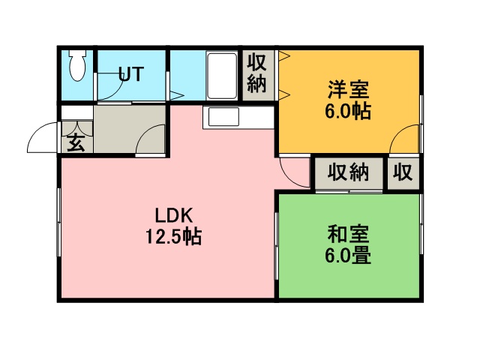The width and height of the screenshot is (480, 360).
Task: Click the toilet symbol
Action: [x=77, y=65]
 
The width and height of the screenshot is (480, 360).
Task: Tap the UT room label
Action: [x=131, y=73]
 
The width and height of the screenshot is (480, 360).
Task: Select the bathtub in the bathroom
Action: [x=222, y=76]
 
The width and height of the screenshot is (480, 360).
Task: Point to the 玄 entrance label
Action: [x=76, y=143]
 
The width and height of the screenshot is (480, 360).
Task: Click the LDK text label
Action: [x=174, y=215]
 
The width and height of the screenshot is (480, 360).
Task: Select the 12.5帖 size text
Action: [x=173, y=237]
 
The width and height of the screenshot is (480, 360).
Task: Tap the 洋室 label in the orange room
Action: [x=348, y=89]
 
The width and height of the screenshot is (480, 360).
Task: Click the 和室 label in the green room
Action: [x=348, y=233]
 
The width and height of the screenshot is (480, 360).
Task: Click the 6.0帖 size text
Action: [x=348, y=111]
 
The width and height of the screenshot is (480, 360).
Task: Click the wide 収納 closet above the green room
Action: [x=349, y=173]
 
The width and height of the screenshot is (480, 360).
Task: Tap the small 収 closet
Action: [x=403, y=173]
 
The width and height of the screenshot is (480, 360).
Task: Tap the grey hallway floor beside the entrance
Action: [x=129, y=128]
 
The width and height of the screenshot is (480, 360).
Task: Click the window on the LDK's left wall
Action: [x=58, y=222]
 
